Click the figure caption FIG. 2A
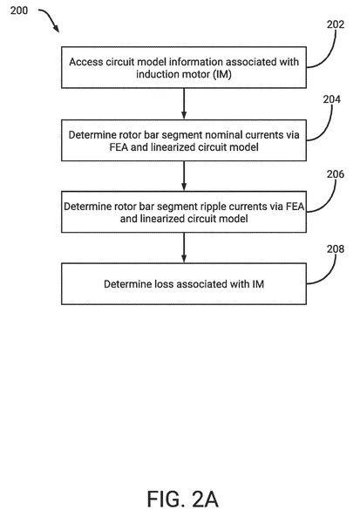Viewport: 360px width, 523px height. click(182, 499)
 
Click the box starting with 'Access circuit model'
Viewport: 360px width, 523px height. click(182, 66)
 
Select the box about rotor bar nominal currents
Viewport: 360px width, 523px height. click(182, 140)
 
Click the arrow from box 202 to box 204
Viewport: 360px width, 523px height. click(182, 103)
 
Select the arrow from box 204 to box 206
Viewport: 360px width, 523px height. click(182, 177)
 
